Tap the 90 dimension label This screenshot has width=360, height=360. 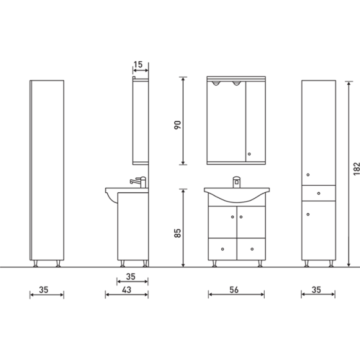[x=177, y=123]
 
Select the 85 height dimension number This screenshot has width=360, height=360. [x=177, y=229]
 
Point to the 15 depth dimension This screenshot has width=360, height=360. [x=138, y=64]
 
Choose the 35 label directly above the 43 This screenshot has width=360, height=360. [x=130, y=278]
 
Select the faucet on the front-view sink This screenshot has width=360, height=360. [x=237, y=181]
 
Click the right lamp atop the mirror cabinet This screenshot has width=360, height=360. [x=237, y=85]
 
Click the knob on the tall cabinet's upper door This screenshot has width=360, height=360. [x=308, y=175]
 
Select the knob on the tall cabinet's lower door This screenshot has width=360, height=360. [x=308, y=214]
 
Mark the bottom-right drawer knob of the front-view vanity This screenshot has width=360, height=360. [x=250, y=246]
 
